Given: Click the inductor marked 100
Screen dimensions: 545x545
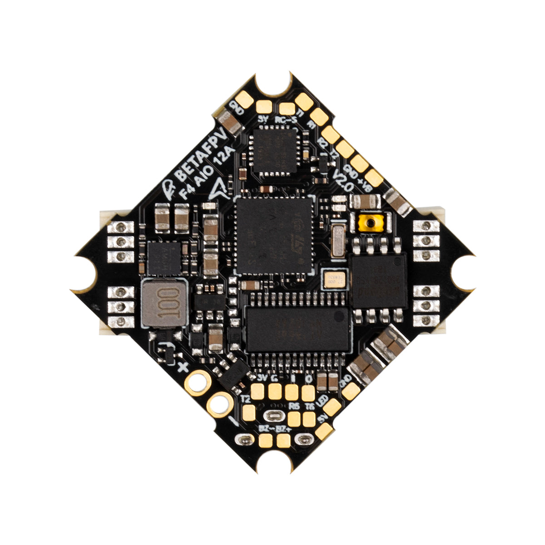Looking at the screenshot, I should pos(162,303).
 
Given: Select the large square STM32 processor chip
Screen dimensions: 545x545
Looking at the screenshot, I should pos(274,235).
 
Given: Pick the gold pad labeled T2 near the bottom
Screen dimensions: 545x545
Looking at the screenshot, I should pos(249,412).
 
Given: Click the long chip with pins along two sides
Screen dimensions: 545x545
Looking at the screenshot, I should pos(297,329).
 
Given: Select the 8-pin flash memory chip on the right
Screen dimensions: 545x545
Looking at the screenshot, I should pos(379,281).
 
